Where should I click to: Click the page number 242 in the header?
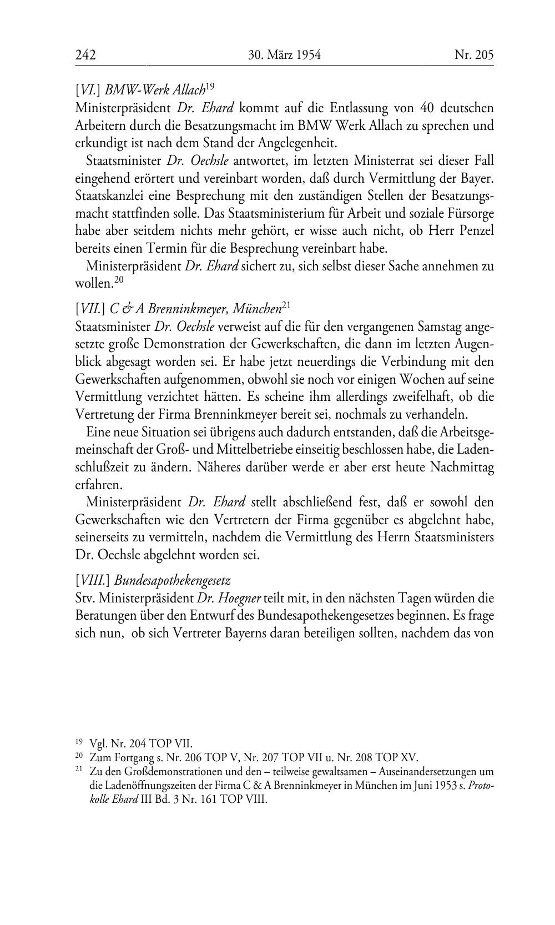pos(85,55)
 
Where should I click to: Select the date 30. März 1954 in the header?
pos(285,55)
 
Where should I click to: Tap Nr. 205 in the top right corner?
pos(473,55)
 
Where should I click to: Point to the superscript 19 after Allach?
pos(210,86)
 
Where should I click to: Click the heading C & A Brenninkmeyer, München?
pos(196,308)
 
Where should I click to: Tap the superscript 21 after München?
pos(286,305)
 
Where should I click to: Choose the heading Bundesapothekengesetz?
pos(173,581)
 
